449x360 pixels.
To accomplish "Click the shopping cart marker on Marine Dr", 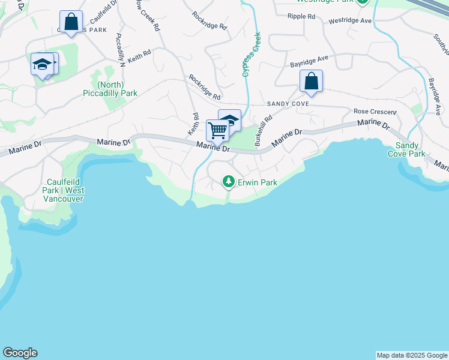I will [217, 130].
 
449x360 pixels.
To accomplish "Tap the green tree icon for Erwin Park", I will [228, 181].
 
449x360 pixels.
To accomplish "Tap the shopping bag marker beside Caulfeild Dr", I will [71, 22].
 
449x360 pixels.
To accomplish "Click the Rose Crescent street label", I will [375, 112].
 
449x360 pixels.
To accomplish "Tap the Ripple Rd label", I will [301, 16].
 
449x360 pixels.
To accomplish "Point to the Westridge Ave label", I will [351, 21].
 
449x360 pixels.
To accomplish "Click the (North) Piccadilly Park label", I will [110, 89].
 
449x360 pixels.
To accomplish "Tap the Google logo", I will [20, 353].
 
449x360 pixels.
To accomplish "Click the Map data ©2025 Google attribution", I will [412, 355].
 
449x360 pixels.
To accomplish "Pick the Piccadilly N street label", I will [120, 50].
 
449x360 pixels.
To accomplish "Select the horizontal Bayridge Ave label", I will [310, 59].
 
